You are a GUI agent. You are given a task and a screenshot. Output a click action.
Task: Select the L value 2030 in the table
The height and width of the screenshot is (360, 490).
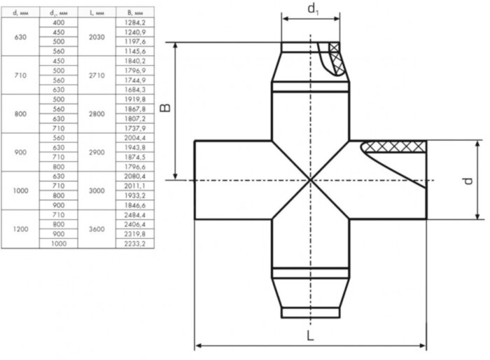[95, 37]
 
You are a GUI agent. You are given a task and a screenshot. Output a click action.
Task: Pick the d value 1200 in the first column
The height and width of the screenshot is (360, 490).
[20, 228]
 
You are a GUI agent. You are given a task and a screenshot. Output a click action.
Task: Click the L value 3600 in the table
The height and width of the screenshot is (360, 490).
[95, 228]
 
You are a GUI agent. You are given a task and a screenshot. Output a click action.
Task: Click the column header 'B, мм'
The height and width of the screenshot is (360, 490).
[134, 13]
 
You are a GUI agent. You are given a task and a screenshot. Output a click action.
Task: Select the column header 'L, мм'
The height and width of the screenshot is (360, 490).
[95, 13]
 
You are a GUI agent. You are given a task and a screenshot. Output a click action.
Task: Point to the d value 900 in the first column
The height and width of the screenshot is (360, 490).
[20, 153]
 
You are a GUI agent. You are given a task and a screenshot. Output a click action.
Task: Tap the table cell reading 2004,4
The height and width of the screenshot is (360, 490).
[134, 139]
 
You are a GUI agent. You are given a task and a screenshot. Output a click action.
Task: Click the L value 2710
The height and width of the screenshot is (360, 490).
[95, 75]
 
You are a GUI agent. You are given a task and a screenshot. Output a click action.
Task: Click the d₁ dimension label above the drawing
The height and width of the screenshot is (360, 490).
[311, 9]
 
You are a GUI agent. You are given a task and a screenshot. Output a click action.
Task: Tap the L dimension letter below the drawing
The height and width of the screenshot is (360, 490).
[310, 335]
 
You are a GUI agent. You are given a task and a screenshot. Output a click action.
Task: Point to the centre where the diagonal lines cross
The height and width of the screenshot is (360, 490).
[310, 180]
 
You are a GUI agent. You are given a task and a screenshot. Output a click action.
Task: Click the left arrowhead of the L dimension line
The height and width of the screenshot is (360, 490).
[198, 345]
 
